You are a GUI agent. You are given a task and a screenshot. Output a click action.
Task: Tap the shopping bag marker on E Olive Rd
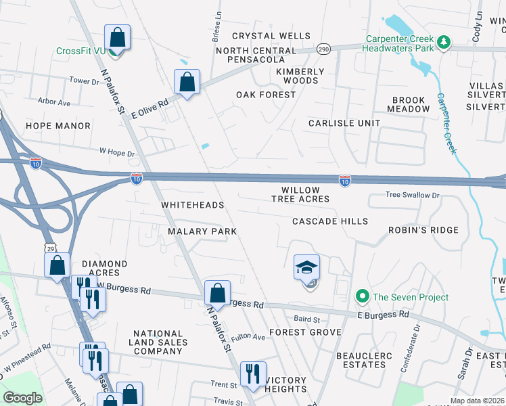pos(186,83)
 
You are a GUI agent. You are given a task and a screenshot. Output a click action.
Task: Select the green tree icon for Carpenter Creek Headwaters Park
pos(444,42)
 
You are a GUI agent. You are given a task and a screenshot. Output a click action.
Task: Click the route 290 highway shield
pos(323,49)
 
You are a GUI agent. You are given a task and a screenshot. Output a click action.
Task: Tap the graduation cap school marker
pos(306,268)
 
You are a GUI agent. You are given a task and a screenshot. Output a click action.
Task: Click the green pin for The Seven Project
pos(362,297)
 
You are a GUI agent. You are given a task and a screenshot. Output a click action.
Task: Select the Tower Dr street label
pos(84,81)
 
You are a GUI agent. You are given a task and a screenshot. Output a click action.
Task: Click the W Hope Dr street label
pos(117,154)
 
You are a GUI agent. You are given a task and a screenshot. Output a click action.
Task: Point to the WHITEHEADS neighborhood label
pos(191,204)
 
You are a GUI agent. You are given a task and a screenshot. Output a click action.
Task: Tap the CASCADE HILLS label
pos(330,221)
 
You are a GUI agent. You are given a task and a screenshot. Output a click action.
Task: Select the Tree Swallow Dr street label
pos(412,195)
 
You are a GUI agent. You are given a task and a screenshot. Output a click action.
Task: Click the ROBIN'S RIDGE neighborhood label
pos(423,230)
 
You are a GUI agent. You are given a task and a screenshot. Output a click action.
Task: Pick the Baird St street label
pos(306,318)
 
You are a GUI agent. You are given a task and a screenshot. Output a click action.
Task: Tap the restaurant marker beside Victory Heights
pos(253,374)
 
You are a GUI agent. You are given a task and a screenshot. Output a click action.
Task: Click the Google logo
pos(23,398)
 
